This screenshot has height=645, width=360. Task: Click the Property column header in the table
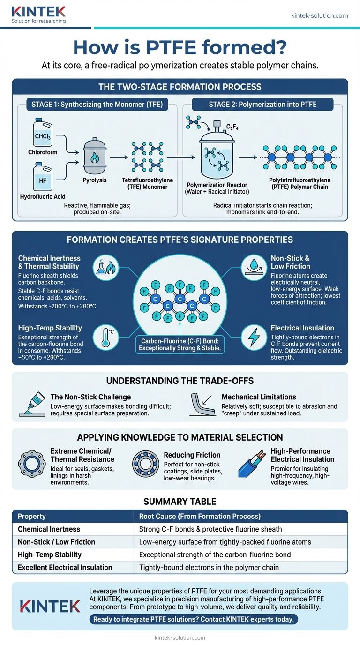(32, 516)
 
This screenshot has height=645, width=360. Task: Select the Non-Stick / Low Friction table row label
(56, 542)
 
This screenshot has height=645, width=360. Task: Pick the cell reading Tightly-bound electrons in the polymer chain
(209, 567)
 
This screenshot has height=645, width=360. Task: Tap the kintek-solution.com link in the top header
(319, 15)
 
